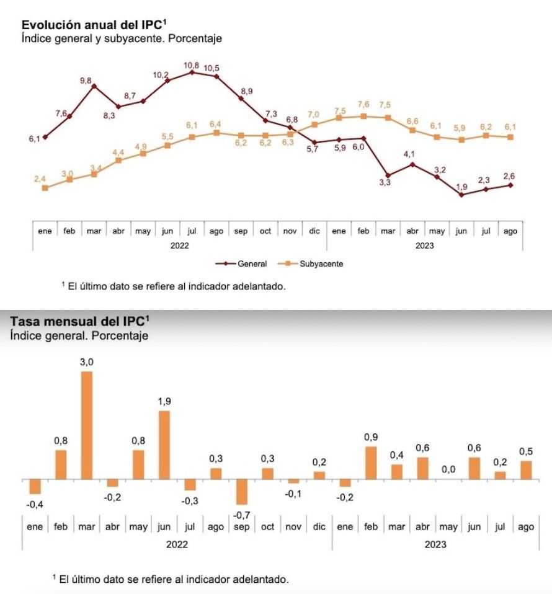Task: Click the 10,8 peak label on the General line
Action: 191,65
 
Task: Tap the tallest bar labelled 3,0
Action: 87,425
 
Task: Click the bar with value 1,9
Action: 164,445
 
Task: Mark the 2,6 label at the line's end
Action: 510,175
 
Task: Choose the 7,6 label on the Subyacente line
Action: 363,105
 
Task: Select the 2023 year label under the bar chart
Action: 434,546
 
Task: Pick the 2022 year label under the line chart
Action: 179,246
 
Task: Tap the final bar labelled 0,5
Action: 526,470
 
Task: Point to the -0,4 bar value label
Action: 35,505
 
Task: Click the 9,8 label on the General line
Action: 86,81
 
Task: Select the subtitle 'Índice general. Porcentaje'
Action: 79,336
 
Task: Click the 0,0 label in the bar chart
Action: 448,470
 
